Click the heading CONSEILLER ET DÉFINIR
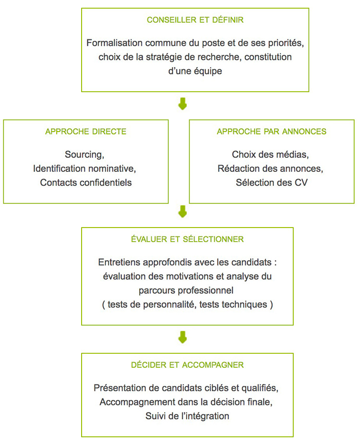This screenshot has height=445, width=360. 195,20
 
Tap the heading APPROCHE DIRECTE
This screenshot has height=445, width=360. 85,132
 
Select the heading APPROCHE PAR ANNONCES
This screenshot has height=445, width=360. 272,132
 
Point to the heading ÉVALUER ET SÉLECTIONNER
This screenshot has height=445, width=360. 187,239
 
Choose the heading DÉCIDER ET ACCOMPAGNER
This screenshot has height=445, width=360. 187,365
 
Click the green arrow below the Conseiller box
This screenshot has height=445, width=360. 182,104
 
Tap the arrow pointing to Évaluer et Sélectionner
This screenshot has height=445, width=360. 182,211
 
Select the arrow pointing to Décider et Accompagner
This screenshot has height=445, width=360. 182,337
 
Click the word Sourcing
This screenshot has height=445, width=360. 84,155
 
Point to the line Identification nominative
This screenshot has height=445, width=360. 84,168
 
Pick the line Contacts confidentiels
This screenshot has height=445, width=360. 85,182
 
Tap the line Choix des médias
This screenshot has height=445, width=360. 270,155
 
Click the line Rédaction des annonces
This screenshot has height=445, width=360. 270,168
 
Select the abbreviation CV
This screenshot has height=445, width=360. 301,182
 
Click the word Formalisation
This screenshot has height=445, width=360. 114,43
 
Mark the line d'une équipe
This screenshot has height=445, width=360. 195,71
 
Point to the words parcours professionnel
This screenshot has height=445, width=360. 186,290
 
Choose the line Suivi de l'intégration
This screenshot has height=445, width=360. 187,416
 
